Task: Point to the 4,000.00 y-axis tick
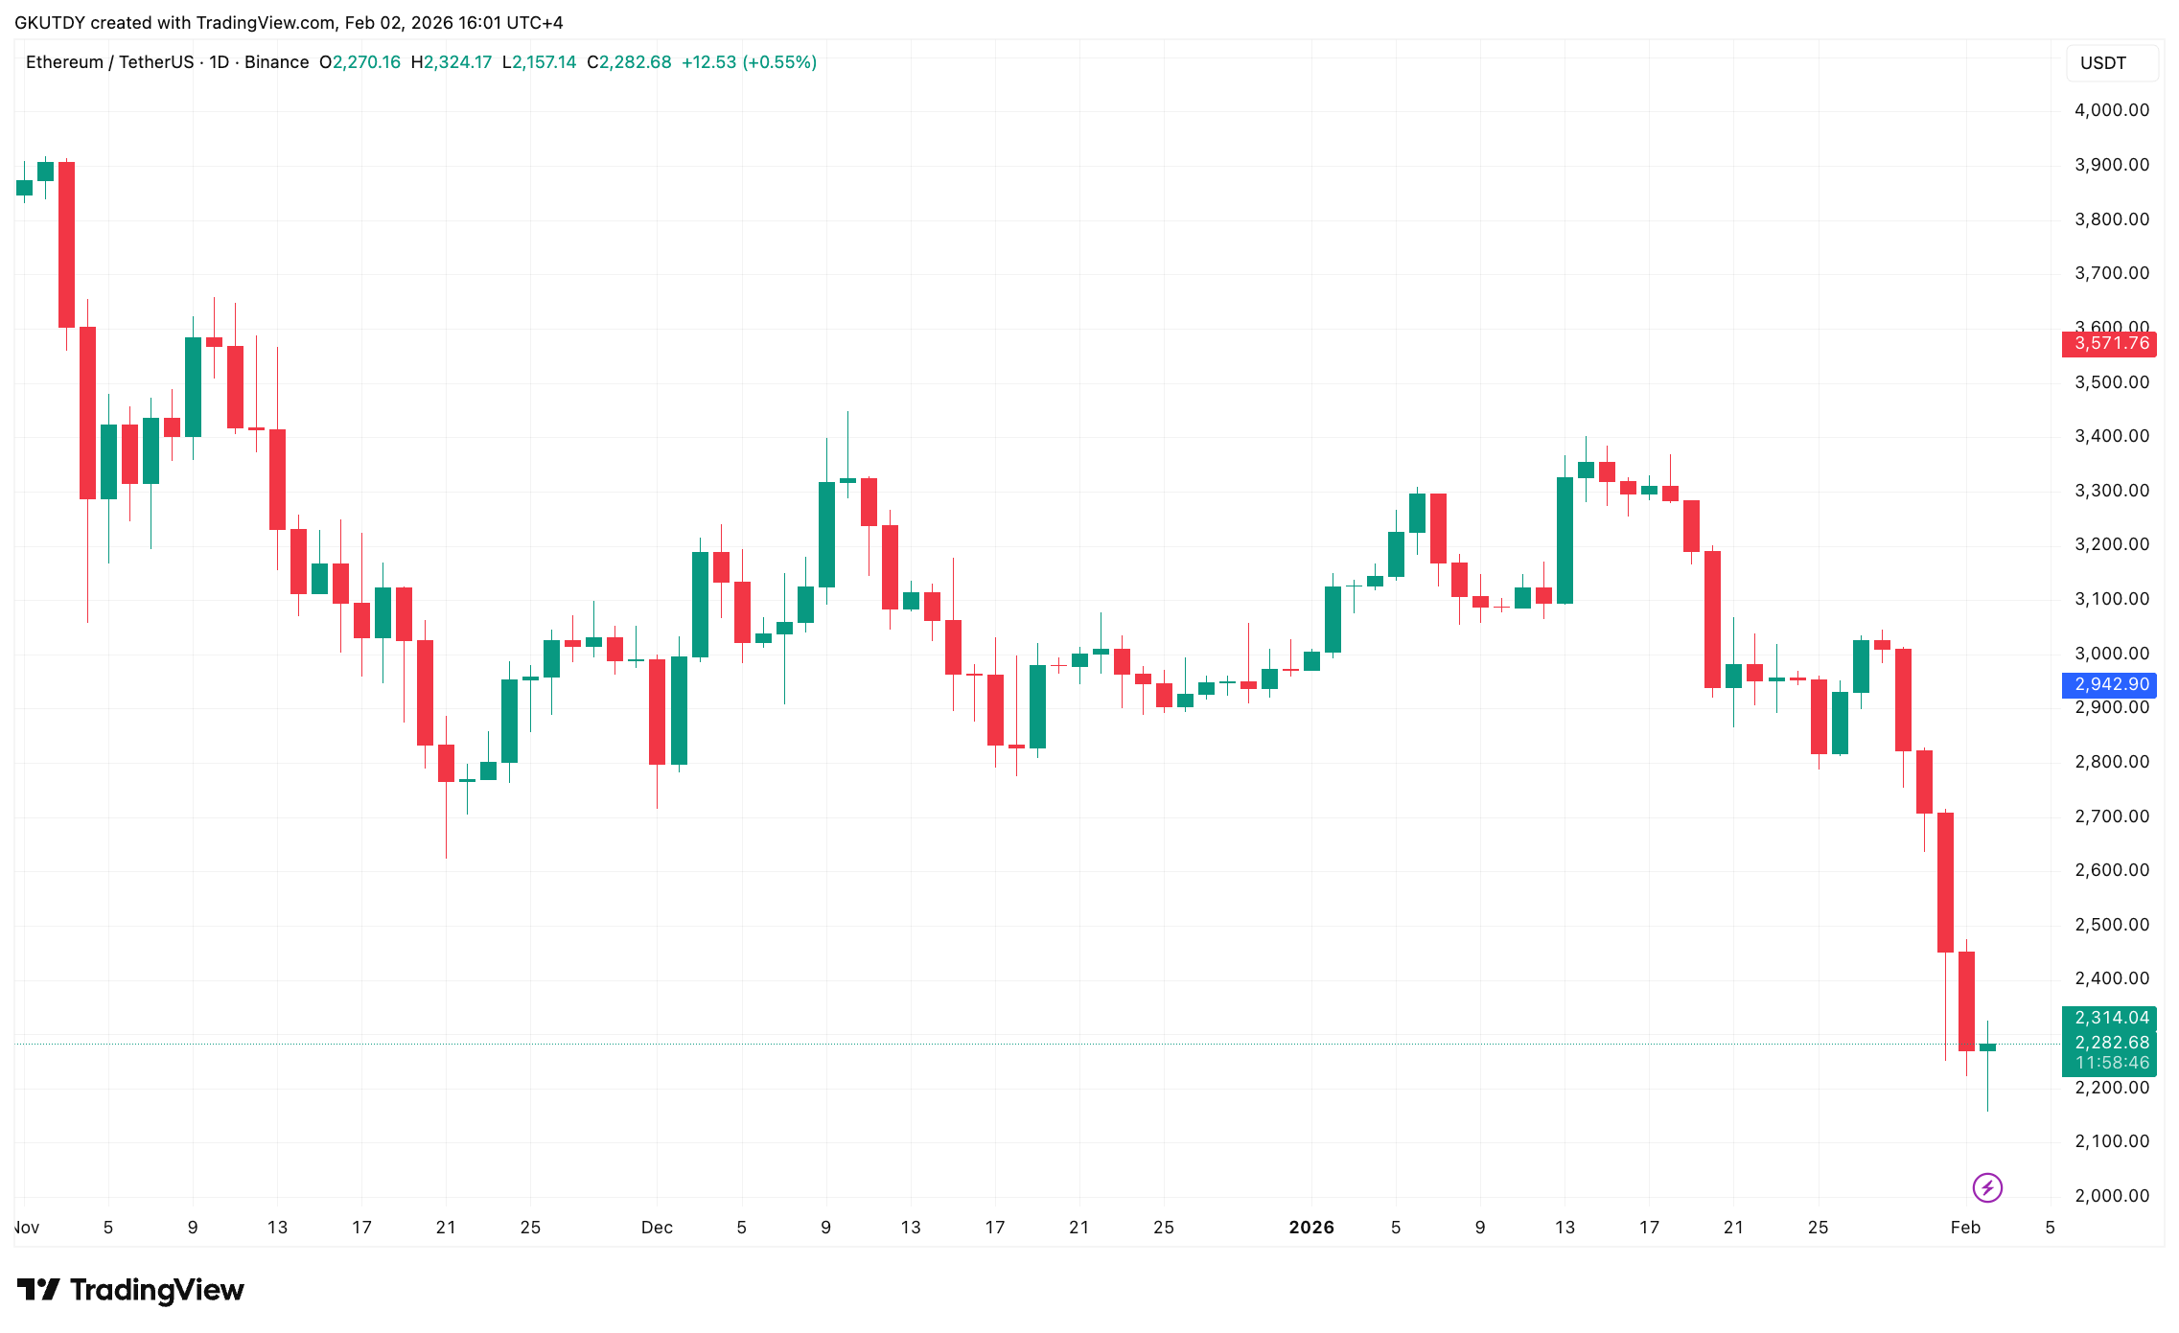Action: (x=2111, y=110)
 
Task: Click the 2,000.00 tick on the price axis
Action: (x=2111, y=1196)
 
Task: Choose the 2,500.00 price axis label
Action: (x=2111, y=925)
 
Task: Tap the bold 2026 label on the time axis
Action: (x=1310, y=1228)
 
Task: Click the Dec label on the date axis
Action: (x=657, y=1228)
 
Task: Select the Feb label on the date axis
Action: (x=1965, y=1228)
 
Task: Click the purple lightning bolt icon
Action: (x=1987, y=1188)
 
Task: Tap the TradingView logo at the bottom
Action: (x=130, y=1290)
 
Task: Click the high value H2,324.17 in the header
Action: (x=451, y=62)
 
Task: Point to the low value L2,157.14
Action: (x=539, y=62)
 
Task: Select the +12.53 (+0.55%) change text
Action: (x=749, y=62)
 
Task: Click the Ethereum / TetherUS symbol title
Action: (x=109, y=62)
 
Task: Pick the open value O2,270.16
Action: (x=359, y=62)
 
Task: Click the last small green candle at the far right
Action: (x=1987, y=1047)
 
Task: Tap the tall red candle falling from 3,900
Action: (x=66, y=244)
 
